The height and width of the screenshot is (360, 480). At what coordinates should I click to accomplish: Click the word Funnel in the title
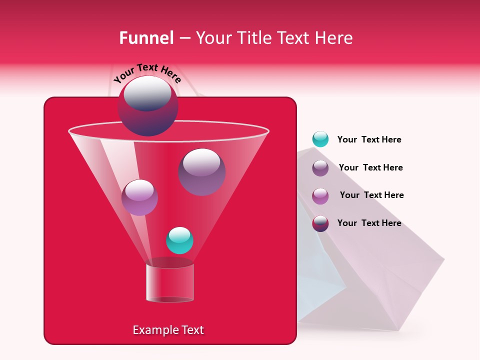pyautogui.click(x=146, y=38)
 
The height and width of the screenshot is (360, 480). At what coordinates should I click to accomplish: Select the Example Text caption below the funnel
pyautogui.click(x=168, y=330)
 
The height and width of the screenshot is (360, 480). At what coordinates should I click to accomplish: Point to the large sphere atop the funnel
pyautogui.click(x=147, y=106)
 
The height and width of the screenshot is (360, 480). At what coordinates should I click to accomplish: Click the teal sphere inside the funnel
pyautogui.click(x=179, y=240)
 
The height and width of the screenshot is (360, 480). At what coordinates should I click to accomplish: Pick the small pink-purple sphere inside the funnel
pyautogui.click(x=139, y=197)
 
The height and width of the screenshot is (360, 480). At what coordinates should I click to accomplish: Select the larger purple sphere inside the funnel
pyautogui.click(x=201, y=171)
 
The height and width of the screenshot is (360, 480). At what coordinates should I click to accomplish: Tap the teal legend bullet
pyautogui.click(x=320, y=139)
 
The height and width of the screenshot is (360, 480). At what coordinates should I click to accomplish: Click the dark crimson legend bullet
pyautogui.click(x=320, y=223)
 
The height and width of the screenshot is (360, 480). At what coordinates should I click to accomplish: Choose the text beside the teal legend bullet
pyautogui.click(x=369, y=140)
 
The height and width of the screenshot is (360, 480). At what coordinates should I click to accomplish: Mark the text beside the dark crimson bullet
pyautogui.click(x=369, y=223)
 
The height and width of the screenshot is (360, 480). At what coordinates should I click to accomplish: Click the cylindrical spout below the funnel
pyautogui.click(x=169, y=282)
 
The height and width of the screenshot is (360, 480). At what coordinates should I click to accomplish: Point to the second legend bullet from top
pyautogui.click(x=320, y=168)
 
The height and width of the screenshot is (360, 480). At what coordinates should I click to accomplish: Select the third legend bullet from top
pyautogui.click(x=320, y=196)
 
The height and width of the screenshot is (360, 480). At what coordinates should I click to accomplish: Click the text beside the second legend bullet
pyautogui.click(x=370, y=167)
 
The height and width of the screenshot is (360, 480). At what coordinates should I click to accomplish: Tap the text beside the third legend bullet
pyautogui.click(x=371, y=195)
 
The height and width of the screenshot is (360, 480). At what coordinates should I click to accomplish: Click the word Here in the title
pyautogui.click(x=334, y=38)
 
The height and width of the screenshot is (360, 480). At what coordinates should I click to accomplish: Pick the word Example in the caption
pyautogui.click(x=153, y=330)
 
